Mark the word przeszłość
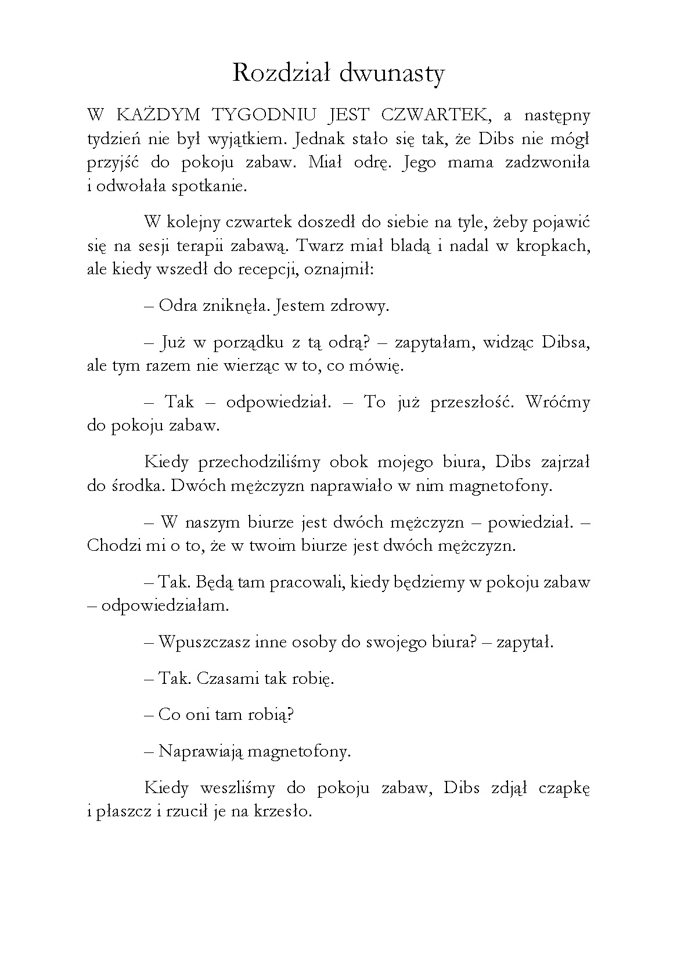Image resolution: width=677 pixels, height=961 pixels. click(x=471, y=402)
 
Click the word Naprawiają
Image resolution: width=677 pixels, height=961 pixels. click(x=201, y=752)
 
